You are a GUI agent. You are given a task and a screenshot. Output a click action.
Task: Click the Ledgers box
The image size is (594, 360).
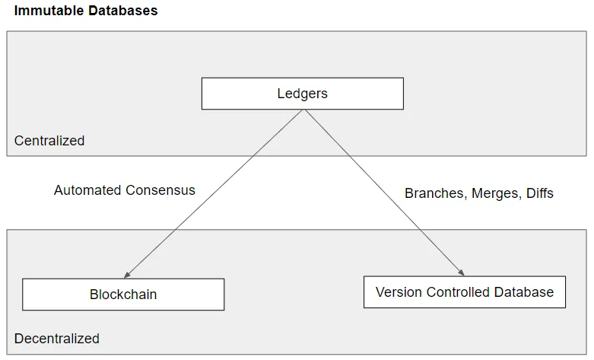302,94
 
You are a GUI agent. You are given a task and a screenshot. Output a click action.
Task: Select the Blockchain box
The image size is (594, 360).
123,295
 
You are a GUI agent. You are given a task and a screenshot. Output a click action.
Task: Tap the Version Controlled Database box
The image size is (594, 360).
464,292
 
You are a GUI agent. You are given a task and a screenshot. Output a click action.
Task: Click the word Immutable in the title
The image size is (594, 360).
45,11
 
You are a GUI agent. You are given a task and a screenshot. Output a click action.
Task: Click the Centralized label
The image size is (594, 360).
49,141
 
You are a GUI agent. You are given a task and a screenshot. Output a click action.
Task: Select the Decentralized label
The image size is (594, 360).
57,338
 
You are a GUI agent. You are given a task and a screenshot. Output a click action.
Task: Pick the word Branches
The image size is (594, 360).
435,193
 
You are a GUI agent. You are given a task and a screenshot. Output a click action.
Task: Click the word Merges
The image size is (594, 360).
496,193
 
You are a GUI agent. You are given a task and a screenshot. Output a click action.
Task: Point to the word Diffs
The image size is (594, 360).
539,193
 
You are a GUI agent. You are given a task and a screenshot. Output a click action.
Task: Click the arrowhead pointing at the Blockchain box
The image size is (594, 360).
126,275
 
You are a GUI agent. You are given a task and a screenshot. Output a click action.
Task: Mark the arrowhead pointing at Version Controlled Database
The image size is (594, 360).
460,272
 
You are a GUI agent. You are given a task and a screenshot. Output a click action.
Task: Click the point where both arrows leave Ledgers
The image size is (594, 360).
304,110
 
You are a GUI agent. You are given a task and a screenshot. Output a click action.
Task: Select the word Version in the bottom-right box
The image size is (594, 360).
397,292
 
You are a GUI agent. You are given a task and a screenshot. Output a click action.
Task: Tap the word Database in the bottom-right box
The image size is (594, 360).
524,292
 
